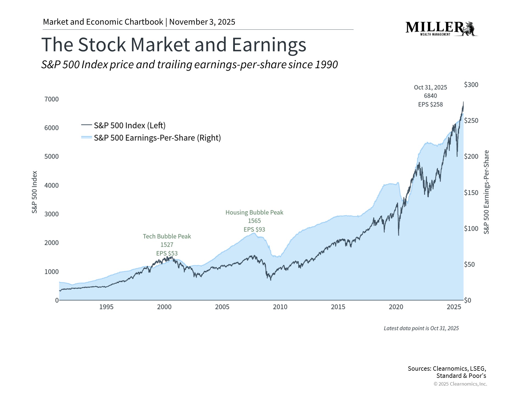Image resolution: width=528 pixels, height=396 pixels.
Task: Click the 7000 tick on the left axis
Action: point(52,99)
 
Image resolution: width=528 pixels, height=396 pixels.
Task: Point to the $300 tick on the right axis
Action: point(471,85)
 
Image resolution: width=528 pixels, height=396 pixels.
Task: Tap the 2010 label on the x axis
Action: point(280,307)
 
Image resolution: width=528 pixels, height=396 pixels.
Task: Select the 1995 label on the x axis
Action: point(106,307)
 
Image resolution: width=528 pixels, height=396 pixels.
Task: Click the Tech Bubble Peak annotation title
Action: point(167,236)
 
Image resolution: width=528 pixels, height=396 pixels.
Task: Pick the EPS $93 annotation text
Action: point(254,229)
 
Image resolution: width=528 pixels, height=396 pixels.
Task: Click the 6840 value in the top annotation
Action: point(430,96)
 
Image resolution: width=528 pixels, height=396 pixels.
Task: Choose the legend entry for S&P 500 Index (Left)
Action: point(130,125)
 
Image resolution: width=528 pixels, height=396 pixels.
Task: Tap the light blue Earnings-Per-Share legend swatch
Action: point(86,137)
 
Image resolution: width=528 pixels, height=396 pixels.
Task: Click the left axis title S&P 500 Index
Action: point(34,192)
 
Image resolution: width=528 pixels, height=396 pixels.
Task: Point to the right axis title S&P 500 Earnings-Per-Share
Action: point(486,192)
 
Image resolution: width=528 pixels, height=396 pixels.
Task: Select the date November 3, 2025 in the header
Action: point(202,22)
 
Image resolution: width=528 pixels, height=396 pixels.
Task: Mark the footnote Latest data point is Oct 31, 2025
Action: point(421,328)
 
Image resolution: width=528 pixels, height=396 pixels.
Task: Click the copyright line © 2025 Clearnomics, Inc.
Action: point(460,384)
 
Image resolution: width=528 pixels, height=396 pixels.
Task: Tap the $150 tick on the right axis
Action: point(471,193)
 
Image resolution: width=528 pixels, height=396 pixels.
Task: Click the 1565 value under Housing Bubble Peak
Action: point(254,221)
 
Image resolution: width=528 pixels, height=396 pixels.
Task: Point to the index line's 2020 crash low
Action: point(398,235)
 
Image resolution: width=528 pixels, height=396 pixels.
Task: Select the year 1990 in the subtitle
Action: point(326,65)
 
